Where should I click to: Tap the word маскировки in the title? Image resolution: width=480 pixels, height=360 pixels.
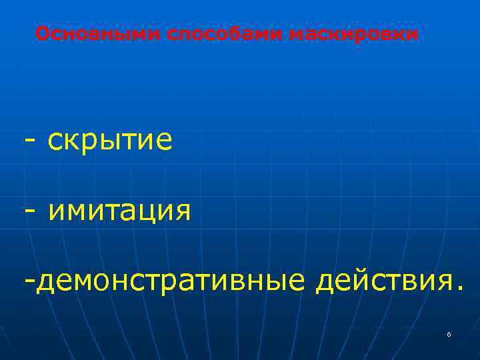[x=355, y=33]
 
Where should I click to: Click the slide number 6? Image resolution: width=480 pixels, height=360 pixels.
[x=449, y=334]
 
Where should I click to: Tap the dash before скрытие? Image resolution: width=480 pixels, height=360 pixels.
[x=29, y=141]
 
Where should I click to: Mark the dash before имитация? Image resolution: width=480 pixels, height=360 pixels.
[x=29, y=211]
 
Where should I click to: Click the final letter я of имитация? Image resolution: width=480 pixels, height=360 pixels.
[x=181, y=212]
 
